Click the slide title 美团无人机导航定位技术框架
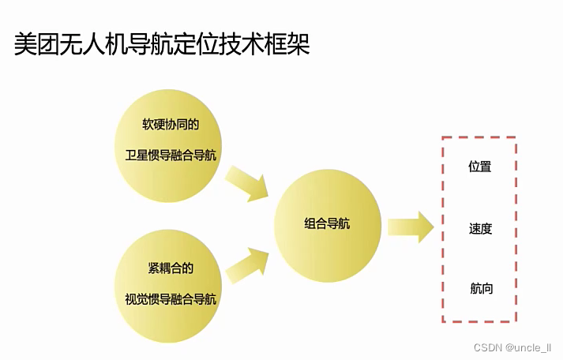[x=161, y=44]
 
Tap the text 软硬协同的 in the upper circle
[x=170, y=125]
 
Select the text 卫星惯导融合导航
[x=170, y=155]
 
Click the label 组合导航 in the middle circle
[x=327, y=223]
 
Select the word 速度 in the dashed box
[x=480, y=229]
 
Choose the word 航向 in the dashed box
[x=480, y=288]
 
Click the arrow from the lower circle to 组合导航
[x=248, y=263]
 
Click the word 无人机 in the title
[x=99, y=44]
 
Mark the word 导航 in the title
[x=161, y=44]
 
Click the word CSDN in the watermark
[x=489, y=348]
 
